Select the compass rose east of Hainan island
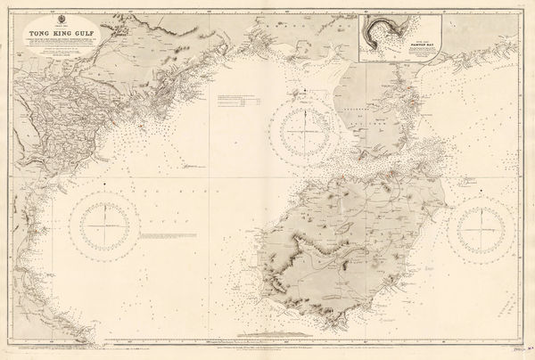coord(487,225)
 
